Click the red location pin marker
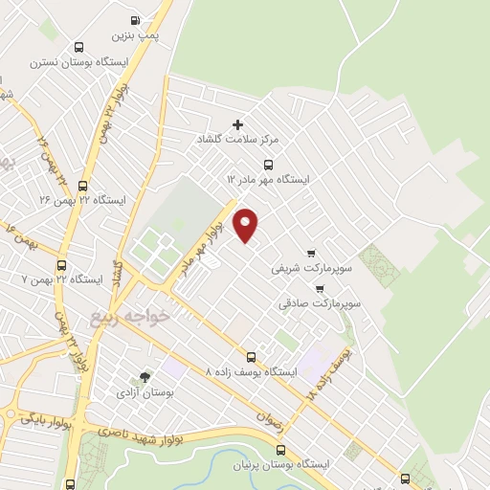coord(246,225)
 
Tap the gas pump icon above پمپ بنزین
coord(135,20)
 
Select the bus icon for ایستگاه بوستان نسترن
coord(78,47)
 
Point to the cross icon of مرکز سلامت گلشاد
coord(238,123)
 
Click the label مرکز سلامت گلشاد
coord(247,140)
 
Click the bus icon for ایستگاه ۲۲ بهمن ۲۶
coord(83,186)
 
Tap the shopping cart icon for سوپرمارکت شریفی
coord(308,254)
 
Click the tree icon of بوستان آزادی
coord(145,377)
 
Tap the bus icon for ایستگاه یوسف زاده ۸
coord(252,356)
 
